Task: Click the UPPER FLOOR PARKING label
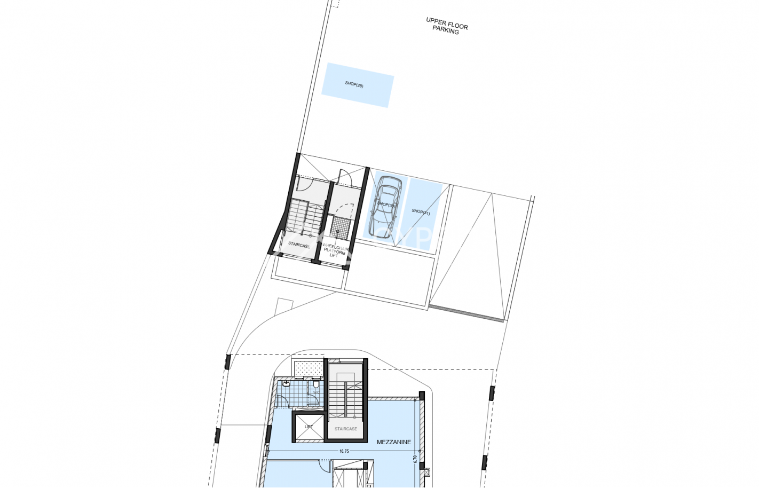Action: coord(446,26)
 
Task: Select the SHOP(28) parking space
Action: coord(357,85)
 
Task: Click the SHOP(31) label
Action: coord(421,212)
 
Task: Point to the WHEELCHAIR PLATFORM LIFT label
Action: coord(335,250)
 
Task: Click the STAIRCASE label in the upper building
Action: coord(299,245)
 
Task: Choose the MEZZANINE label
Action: coord(394,442)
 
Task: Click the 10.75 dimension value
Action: coord(344,451)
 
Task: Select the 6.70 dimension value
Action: coord(415,459)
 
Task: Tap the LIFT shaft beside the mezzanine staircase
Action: coord(309,428)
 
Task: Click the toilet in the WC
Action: coord(316,384)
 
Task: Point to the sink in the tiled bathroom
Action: coord(287,383)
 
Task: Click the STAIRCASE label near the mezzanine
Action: coord(346,429)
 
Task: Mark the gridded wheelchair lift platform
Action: coord(339,227)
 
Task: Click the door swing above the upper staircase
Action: coord(304,183)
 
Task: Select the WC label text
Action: coord(316,393)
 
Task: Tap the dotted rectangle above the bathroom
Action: coord(308,368)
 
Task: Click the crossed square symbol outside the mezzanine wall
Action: coord(426,473)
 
